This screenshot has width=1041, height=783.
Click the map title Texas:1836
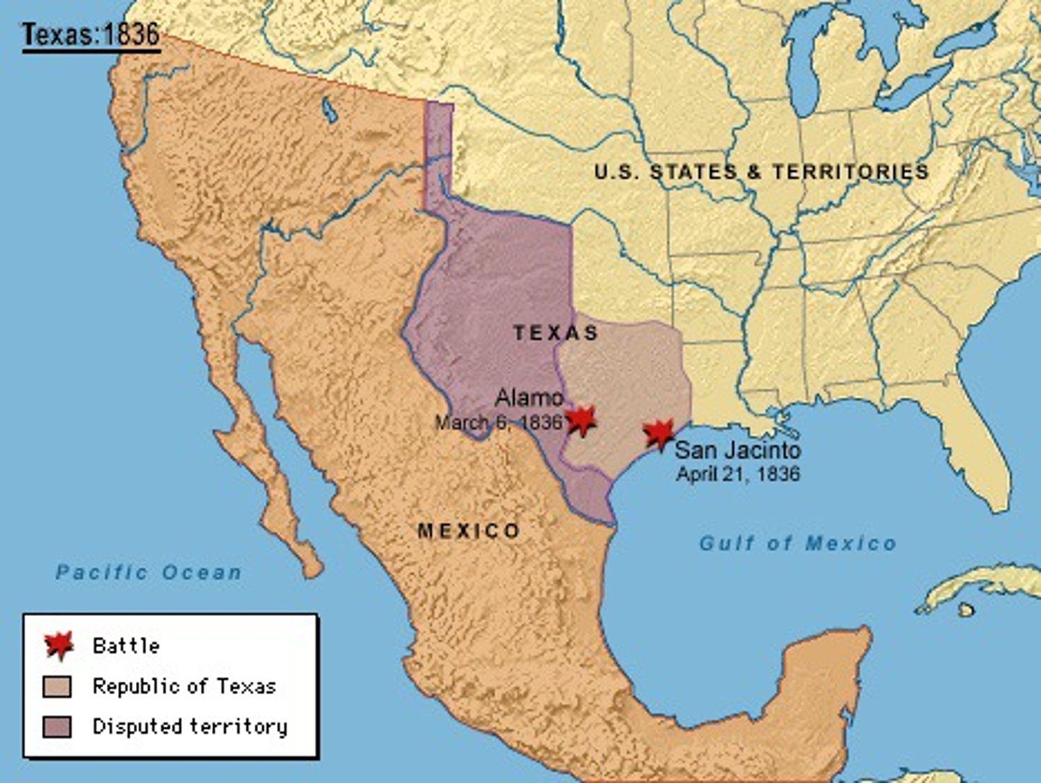coord(90,34)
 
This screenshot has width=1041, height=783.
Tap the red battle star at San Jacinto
coord(659,434)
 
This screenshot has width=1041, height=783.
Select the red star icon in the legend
coord(59,644)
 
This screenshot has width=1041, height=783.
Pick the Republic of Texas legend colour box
coord(57,686)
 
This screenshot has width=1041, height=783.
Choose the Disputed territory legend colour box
coord(57,726)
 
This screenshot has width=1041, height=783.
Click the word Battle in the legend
coord(126,645)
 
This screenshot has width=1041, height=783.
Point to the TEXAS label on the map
coord(556,333)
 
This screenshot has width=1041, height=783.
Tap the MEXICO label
coord(468,531)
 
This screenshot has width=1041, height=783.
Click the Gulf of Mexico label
coord(797,543)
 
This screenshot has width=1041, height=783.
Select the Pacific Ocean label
coord(149,573)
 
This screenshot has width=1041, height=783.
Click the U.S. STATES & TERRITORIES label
coord(761,171)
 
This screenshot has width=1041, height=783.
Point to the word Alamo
coord(529,397)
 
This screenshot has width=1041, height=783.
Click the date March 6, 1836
coord(498,422)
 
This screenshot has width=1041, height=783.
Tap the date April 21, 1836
coord(737,474)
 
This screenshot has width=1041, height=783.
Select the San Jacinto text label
coord(737,450)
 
